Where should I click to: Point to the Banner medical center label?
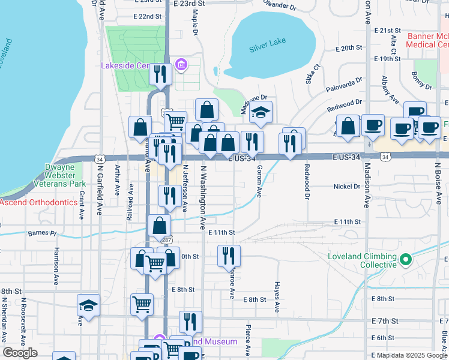click(x=427, y=40)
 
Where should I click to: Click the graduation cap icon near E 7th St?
click(x=88, y=305)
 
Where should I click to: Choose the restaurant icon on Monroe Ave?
click(x=229, y=255)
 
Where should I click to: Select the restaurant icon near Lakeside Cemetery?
click(x=160, y=74)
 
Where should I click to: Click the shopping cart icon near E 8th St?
click(x=142, y=304)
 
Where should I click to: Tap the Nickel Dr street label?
click(x=346, y=187)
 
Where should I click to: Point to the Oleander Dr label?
click(x=280, y=7)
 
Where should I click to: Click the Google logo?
click(x=20, y=353)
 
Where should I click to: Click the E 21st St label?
click(x=387, y=30)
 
